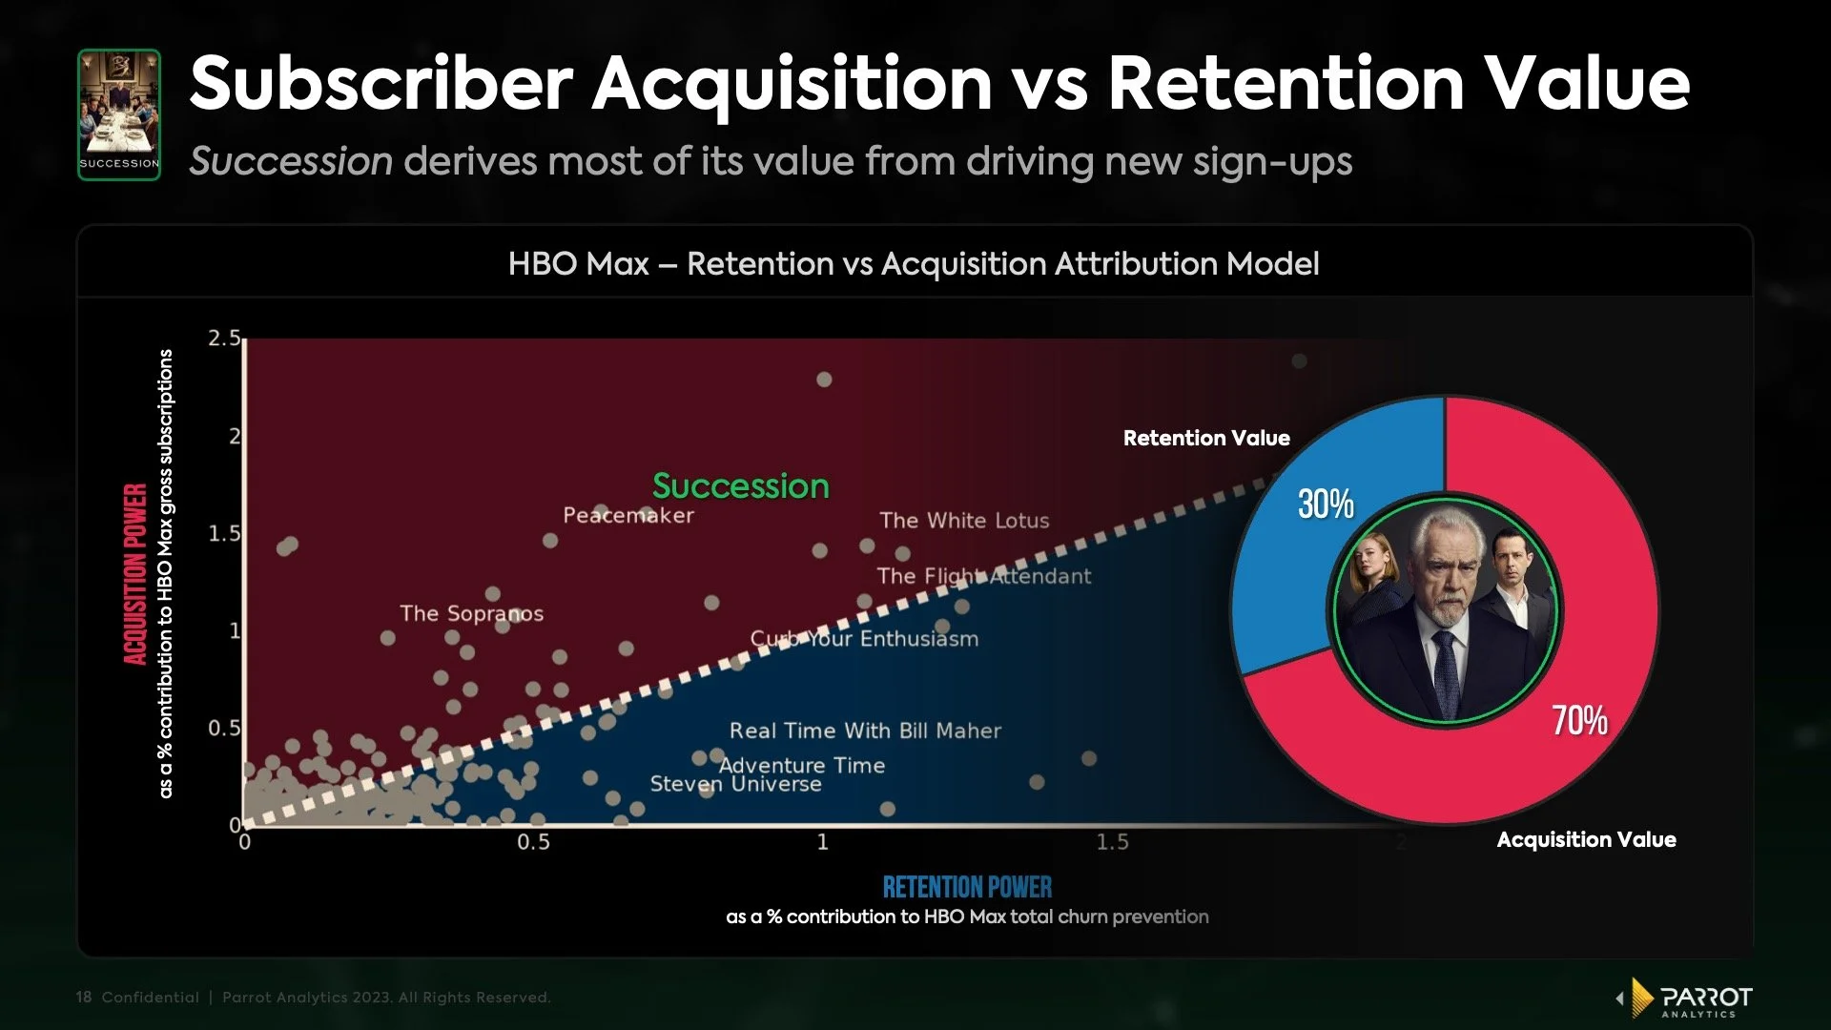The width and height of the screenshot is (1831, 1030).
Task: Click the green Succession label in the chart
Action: (740, 486)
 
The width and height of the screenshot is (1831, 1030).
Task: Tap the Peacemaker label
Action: (628, 515)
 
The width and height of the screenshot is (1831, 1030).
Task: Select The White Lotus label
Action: (964, 521)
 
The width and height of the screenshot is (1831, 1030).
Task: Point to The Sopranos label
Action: (471, 613)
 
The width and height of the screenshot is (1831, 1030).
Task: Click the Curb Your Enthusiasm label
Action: (864, 639)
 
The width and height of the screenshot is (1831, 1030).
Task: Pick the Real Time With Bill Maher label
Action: (865, 731)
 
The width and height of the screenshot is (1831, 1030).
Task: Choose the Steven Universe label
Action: (735, 784)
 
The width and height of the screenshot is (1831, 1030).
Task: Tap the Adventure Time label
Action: (802, 765)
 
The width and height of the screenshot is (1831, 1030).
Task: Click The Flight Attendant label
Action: (983, 576)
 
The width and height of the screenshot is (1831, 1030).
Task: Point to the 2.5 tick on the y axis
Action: (224, 339)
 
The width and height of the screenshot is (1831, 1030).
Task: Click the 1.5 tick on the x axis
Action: (1112, 842)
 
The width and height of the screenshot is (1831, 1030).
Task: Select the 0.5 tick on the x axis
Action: (533, 842)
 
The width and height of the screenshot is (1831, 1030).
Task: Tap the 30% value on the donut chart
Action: (1326, 504)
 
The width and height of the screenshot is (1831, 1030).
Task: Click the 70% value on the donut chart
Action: (1579, 720)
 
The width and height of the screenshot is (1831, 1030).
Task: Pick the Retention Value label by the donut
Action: (1206, 439)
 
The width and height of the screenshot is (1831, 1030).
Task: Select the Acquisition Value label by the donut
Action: (1586, 840)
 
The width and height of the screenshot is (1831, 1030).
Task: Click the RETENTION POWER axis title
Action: (967, 888)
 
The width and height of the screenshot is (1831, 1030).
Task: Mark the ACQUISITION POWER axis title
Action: (135, 574)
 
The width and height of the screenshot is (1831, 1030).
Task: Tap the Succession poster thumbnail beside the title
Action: (119, 114)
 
